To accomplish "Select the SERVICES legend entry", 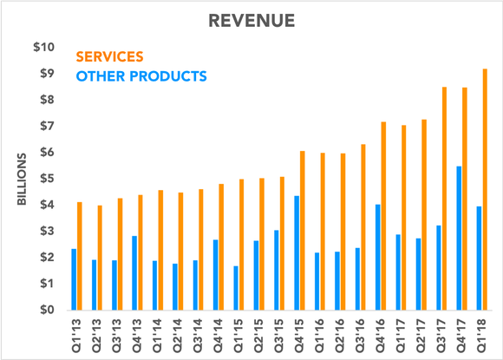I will (109, 56).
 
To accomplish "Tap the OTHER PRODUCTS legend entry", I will (141, 76).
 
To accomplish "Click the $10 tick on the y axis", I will (44, 47).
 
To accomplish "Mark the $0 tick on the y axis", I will (48, 310).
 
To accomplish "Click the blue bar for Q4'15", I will (296, 252).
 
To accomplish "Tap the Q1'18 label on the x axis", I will (482, 334).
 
